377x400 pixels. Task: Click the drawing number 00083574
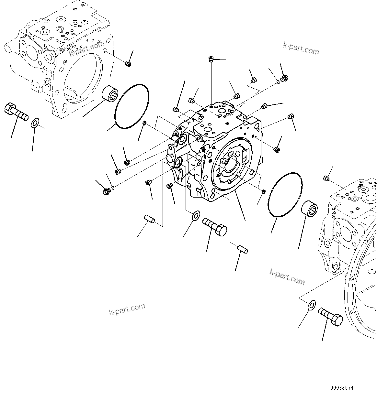(342, 388)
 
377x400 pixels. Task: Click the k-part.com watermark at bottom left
(127, 309)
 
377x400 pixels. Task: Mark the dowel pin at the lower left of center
(150, 219)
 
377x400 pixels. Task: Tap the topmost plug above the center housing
(211, 59)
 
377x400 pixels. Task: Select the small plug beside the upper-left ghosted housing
(128, 64)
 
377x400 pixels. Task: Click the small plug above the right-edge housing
(326, 178)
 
